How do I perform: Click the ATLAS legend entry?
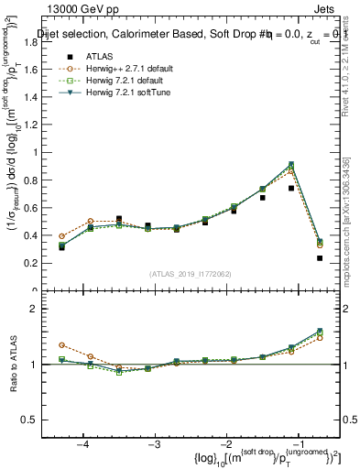point(91,57)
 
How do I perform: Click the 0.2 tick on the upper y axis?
point(40,263)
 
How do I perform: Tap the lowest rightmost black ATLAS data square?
point(320,258)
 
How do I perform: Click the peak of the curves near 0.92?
point(291,164)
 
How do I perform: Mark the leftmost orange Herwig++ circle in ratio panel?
point(61,344)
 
